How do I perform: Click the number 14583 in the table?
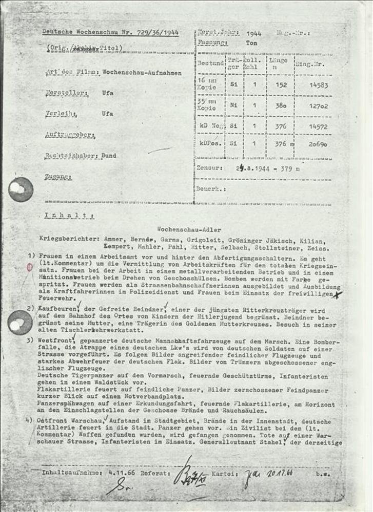pos(319,86)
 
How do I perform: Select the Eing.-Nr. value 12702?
pos(319,106)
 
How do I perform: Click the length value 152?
pos(281,86)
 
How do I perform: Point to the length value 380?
pos(281,106)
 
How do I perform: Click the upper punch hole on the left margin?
pos(21,189)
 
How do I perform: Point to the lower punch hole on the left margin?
pos(21,323)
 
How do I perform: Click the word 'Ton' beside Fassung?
pos(251,43)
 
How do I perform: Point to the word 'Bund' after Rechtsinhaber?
pos(109,156)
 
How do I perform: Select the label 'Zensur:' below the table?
pos(210,167)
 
